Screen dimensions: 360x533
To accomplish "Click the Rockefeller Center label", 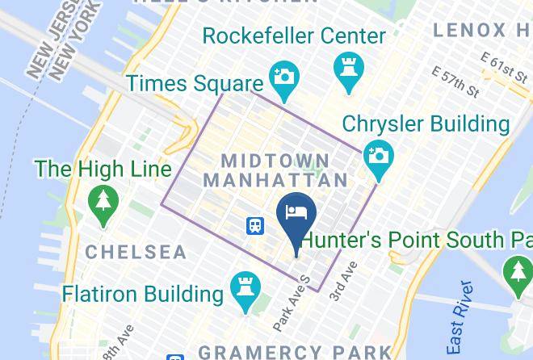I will (x=294, y=36).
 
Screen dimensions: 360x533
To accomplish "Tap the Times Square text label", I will (x=195, y=83).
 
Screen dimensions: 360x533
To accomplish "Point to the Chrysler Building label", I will (x=426, y=124).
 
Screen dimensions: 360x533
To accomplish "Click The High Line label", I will (x=103, y=170).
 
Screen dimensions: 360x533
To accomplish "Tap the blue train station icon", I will (x=255, y=226).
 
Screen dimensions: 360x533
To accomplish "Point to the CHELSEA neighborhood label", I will (x=136, y=252).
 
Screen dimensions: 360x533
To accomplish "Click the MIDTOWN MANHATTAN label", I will (x=275, y=170).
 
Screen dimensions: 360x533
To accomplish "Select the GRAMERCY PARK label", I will (x=295, y=352).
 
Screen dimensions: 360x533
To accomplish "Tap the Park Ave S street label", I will (x=292, y=303).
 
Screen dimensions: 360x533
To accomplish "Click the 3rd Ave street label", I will (x=342, y=282).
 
